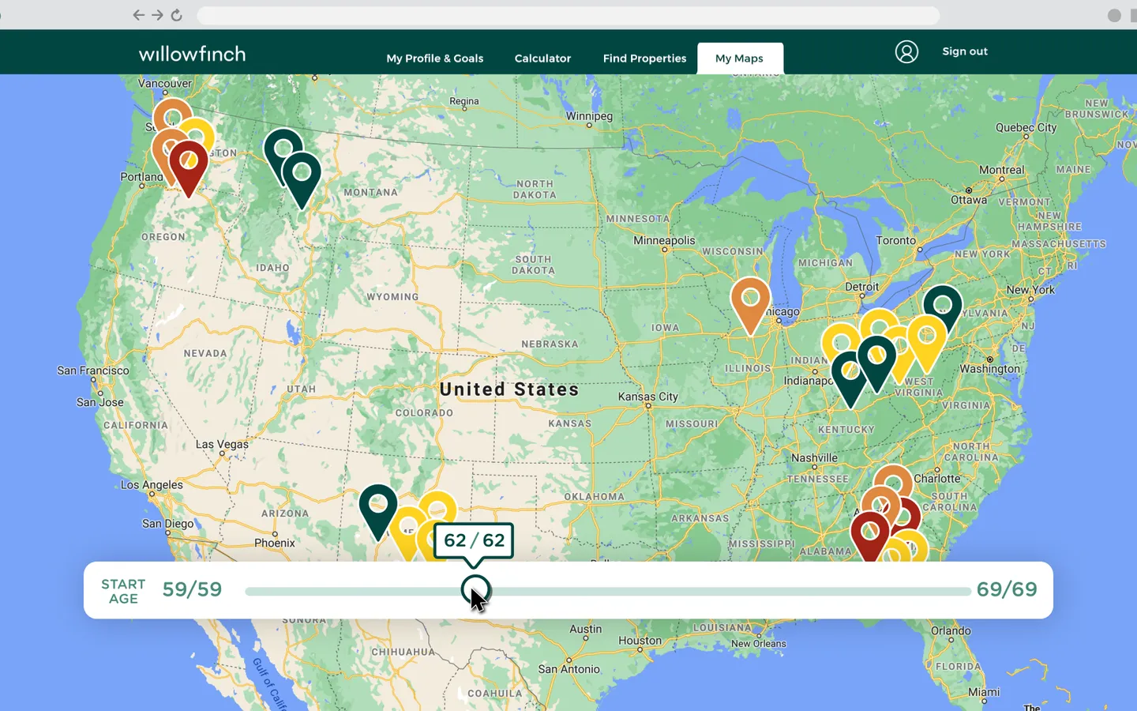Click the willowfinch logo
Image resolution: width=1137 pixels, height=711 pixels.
(192, 54)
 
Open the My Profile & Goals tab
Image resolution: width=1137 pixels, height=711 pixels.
(434, 58)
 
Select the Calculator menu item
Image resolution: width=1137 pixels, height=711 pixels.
(542, 58)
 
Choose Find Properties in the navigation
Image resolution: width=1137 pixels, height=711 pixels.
(644, 58)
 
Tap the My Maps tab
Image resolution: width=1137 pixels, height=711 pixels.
(739, 58)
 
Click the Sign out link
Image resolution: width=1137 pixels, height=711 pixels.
(965, 51)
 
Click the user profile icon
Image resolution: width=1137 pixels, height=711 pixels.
(906, 52)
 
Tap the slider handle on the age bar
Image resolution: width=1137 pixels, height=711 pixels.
(475, 590)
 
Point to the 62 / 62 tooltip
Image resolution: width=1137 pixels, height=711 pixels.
(474, 540)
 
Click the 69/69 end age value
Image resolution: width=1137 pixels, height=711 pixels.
(1007, 589)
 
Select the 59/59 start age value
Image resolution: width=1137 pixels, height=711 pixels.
(192, 589)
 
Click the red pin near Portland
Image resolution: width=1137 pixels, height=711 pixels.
(189, 163)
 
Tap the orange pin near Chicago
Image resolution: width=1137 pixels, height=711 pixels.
(750, 300)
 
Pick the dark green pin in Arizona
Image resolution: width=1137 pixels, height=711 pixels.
(378, 506)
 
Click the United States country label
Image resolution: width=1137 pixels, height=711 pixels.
(509, 389)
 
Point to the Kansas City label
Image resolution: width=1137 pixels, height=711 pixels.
(647, 397)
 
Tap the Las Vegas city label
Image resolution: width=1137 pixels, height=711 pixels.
(222, 444)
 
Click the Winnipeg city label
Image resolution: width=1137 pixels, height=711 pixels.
(589, 116)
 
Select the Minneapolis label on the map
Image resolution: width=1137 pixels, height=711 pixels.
(664, 240)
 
